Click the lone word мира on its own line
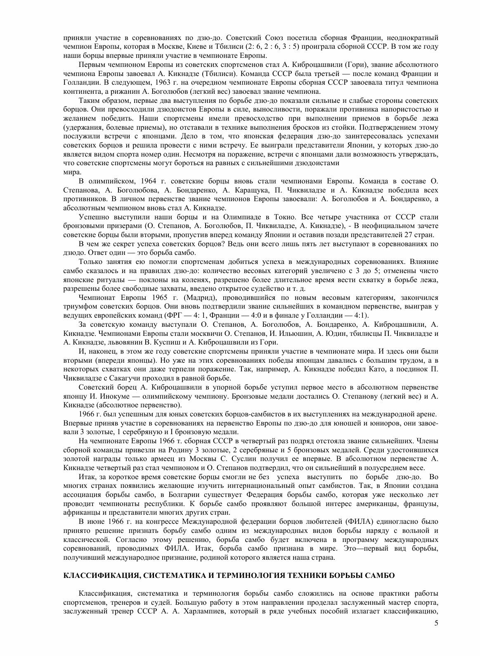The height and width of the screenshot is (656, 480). (70, 172)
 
